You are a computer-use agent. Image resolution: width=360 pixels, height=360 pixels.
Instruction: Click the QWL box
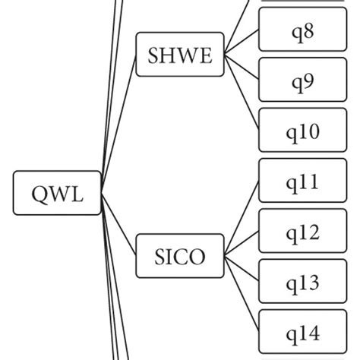click(58, 193)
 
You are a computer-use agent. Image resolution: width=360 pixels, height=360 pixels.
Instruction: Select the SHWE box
click(180, 54)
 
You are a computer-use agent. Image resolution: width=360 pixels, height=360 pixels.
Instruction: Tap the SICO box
click(180, 256)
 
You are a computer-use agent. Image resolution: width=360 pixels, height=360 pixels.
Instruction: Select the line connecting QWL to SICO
click(118, 225)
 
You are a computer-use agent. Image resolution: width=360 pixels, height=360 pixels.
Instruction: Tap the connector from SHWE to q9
click(242, 67)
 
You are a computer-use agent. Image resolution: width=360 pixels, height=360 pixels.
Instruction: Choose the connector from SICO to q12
click(242, 244)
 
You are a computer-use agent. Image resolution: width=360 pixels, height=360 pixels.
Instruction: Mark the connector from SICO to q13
click(242, 270)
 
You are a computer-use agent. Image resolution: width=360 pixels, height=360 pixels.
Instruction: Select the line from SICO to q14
click(242, 295)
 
